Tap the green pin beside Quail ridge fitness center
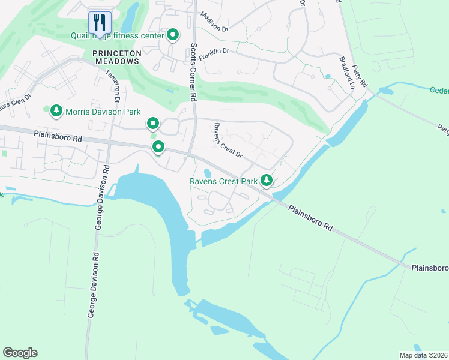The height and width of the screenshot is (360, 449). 173,35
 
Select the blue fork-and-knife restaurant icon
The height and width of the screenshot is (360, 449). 98,23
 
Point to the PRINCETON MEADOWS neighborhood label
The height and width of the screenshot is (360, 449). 117,59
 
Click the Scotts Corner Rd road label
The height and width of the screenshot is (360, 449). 193,74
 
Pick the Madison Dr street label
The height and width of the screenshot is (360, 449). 215,22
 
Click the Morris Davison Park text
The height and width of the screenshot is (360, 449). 103,111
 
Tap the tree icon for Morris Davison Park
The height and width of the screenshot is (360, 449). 56,110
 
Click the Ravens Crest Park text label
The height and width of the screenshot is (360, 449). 223,181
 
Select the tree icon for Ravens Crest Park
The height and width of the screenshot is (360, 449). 266,180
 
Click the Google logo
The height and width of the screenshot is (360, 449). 20,353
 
